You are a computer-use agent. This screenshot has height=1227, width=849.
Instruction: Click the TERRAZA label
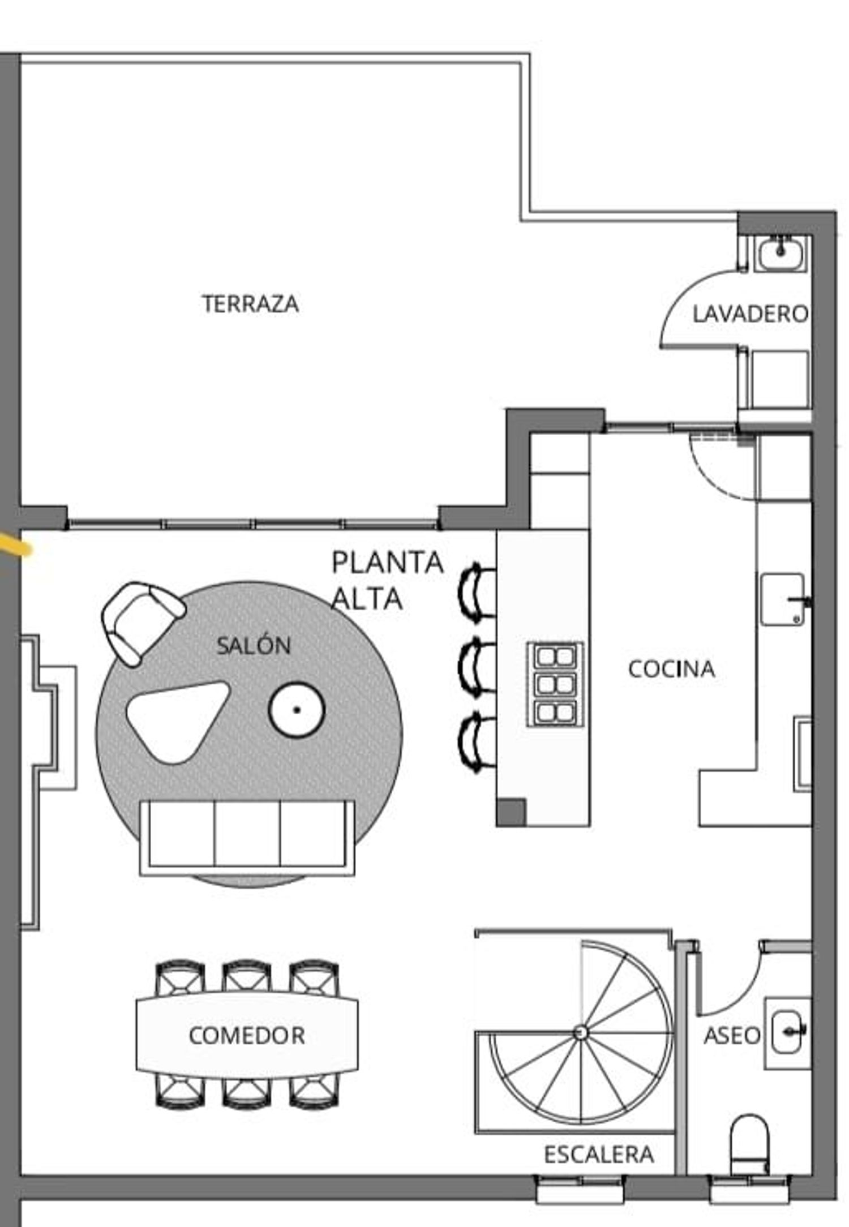251,304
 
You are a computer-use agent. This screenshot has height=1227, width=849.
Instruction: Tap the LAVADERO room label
751,314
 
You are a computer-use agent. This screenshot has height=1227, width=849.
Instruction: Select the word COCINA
672,669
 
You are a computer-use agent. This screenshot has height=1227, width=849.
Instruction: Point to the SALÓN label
254,645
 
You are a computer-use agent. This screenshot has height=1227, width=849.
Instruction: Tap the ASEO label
732,1036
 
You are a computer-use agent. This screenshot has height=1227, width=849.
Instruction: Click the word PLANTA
387,563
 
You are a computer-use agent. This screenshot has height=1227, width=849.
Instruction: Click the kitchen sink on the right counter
782,600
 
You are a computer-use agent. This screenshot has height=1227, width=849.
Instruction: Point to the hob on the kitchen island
555,684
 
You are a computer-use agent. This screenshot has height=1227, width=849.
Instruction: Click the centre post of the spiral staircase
579,1033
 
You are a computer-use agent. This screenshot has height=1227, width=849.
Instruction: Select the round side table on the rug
297,710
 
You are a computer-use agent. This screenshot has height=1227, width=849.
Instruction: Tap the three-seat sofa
247,838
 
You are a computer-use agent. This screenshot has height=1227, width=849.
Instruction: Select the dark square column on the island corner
511,812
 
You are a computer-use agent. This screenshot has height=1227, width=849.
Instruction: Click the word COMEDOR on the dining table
247,1036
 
